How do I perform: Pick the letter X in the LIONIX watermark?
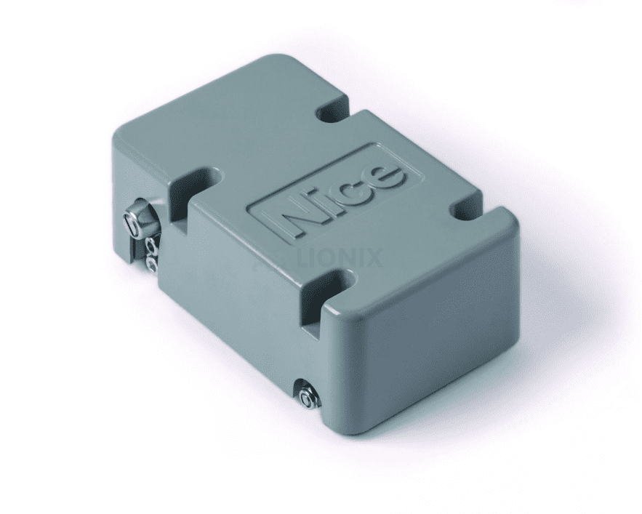click(372, 259)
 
